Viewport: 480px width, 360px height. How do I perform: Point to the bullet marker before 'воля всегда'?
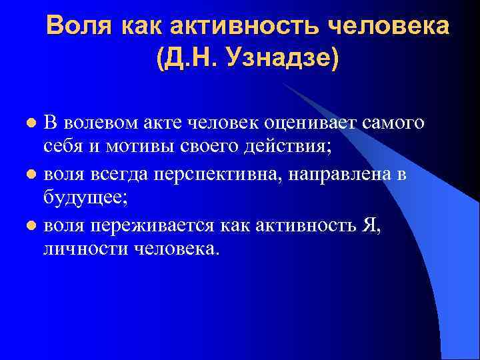point(31,174)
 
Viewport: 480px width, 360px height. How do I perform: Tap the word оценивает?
point(303,123)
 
